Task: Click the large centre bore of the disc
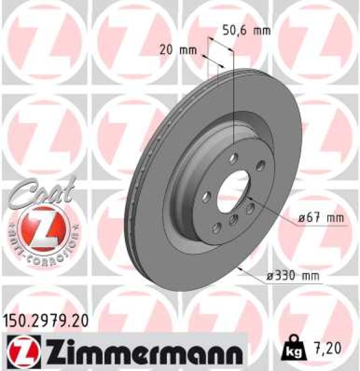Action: click(234, 191)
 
